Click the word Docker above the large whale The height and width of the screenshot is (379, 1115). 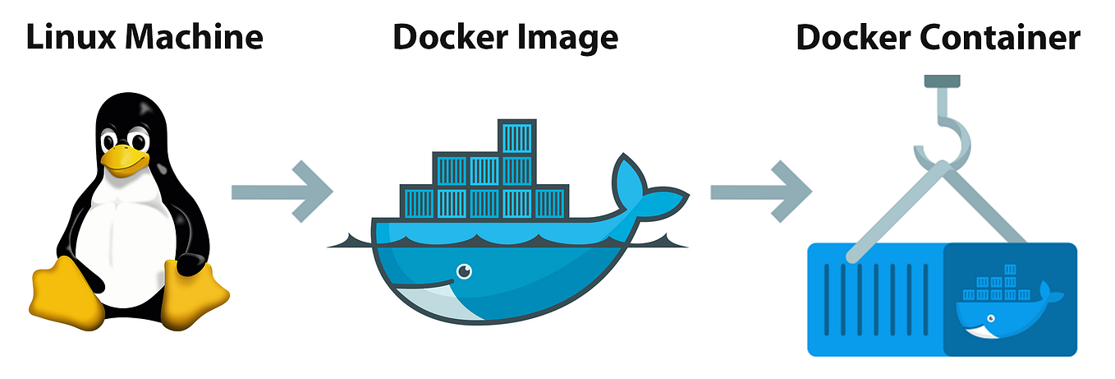coord(451,37)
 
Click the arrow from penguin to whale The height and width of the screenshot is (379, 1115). coord(282,192)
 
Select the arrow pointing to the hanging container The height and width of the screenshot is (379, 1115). coord(761,192)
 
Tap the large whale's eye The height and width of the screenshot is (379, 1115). coord(464,271)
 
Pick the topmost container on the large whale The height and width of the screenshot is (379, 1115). coord(517,136)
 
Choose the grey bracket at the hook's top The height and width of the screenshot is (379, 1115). coord(942,81)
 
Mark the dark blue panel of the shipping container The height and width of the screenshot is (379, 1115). coord(1011,299)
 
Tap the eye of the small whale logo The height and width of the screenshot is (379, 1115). coord(991,318)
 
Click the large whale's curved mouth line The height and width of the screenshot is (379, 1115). coord(423,285)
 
